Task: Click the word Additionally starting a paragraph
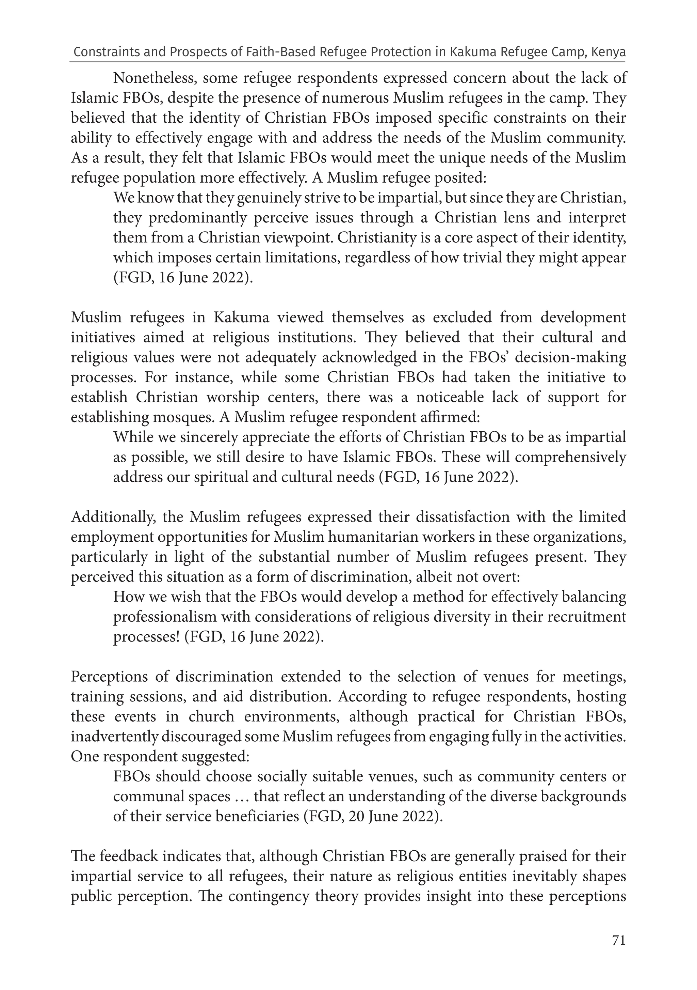click(113, 517)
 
